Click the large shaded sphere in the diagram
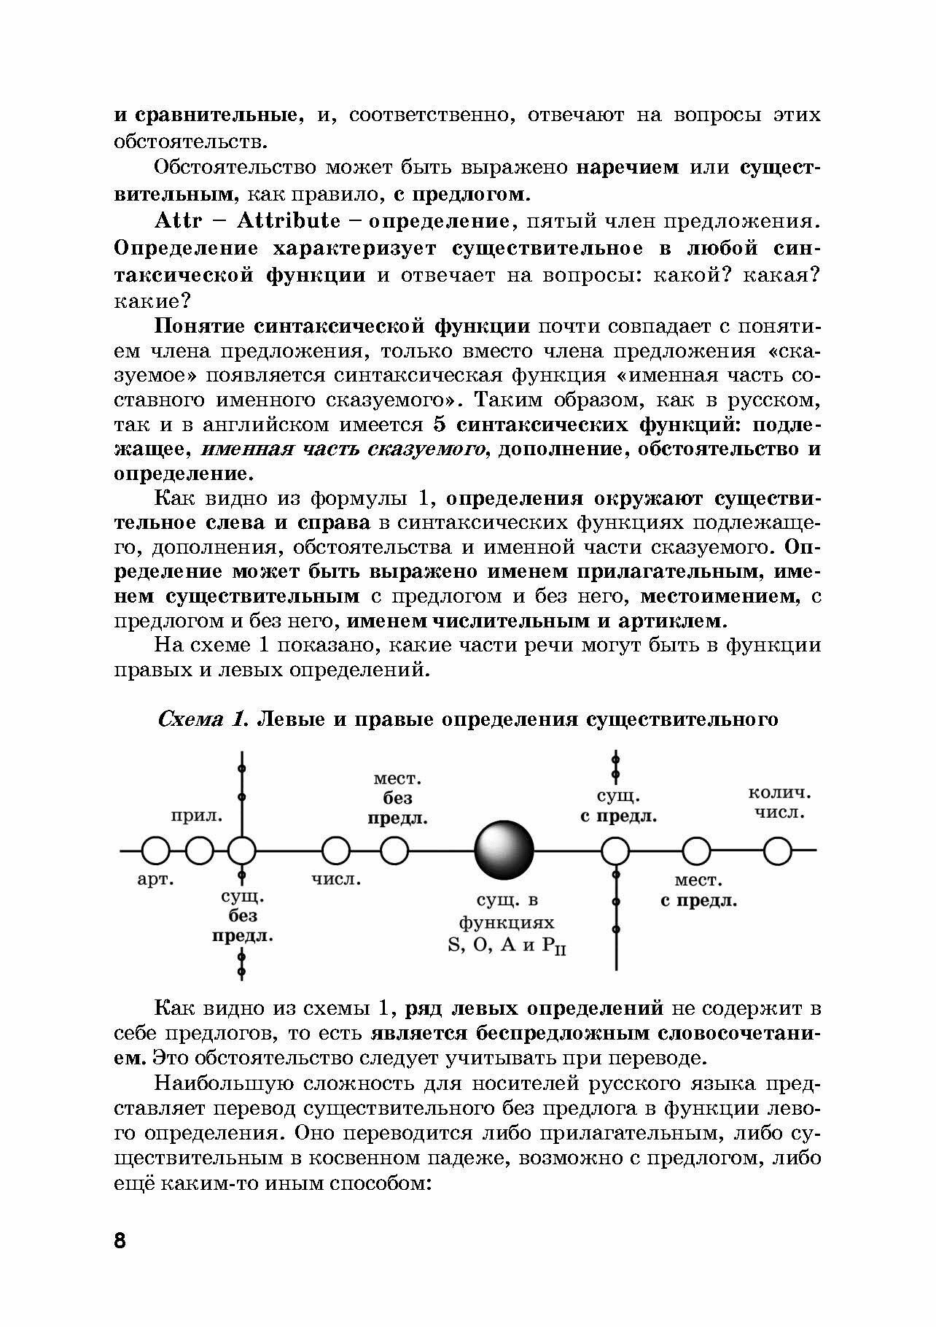click(x=504, y=850)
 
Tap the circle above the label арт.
click(x=155, y=851)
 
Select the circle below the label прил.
click(x=199, y=851)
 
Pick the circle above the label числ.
click(x=335, y=851)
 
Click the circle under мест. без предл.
click(x=394, y=851)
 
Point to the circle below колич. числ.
click(x=778, y=851)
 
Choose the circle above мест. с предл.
click(x=696, y=851)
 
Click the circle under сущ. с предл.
click(x=616, y=851)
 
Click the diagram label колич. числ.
click(x=779, y=802)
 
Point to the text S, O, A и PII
click(x=507, y=945)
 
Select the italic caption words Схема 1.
click(x=204, y=719)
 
